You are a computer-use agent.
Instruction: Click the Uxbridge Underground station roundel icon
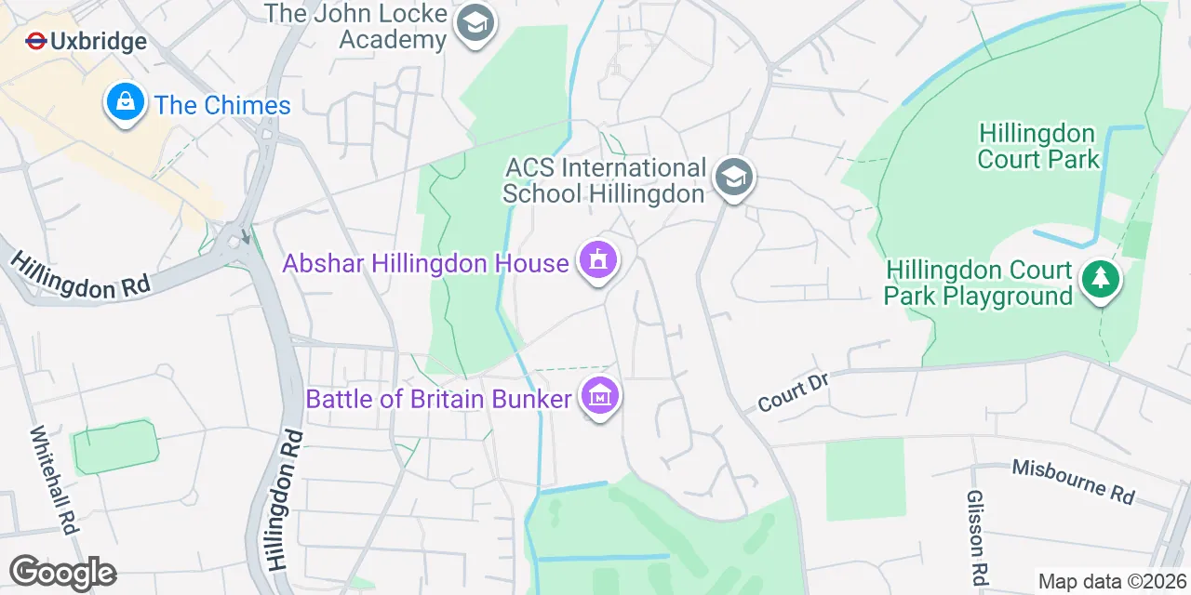pos(36,41)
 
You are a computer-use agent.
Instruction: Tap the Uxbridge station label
pos(98,42)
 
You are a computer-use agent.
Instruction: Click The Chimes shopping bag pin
pos(124,102)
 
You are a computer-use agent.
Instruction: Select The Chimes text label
pos(222,105)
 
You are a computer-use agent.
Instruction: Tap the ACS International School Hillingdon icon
pos(734,178)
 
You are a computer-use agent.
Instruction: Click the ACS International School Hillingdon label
pos(605,180)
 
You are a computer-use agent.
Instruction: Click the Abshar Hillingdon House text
pos(425,263)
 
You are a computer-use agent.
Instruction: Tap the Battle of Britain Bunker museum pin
pos(600,397)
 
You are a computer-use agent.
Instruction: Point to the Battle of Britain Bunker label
pos(438,400)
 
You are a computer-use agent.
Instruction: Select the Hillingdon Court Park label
pos(1037,147)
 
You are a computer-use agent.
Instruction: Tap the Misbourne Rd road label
pos(1073,480)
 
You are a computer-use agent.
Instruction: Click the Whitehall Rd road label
pos(52,479)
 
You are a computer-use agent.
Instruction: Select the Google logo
pos(62,573)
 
